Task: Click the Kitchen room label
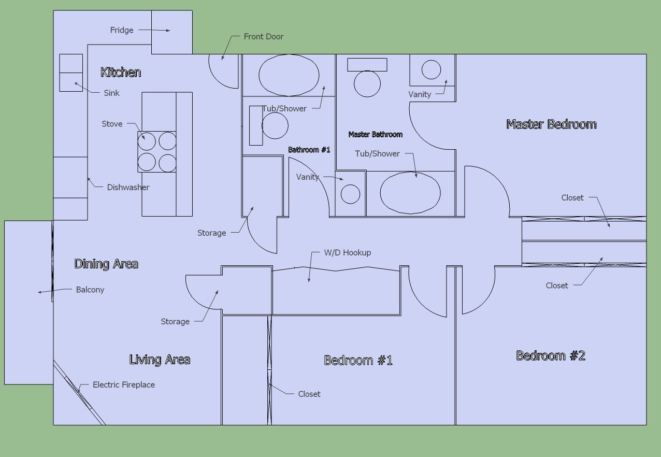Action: coord(121,73)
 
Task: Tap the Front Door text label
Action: coord(264,37)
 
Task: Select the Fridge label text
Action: coord(122,30)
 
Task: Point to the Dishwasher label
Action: coord(128,187)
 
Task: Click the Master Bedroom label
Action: coord(551,124)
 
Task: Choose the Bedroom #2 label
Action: coord(551,356)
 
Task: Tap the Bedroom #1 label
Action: coord(358,361)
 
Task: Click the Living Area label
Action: coord(160,360)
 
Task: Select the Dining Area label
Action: coord(106,264)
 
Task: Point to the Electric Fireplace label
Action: coord(124,384)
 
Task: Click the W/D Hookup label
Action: coord(347,253)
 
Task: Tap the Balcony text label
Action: coord(90,290)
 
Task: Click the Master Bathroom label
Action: coord(376,135)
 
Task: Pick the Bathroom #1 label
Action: coord(309,150)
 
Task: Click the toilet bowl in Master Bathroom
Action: coord(367,84)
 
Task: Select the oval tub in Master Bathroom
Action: coord(410,193)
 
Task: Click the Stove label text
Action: coord(112,124)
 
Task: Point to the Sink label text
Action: coord(111,93)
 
